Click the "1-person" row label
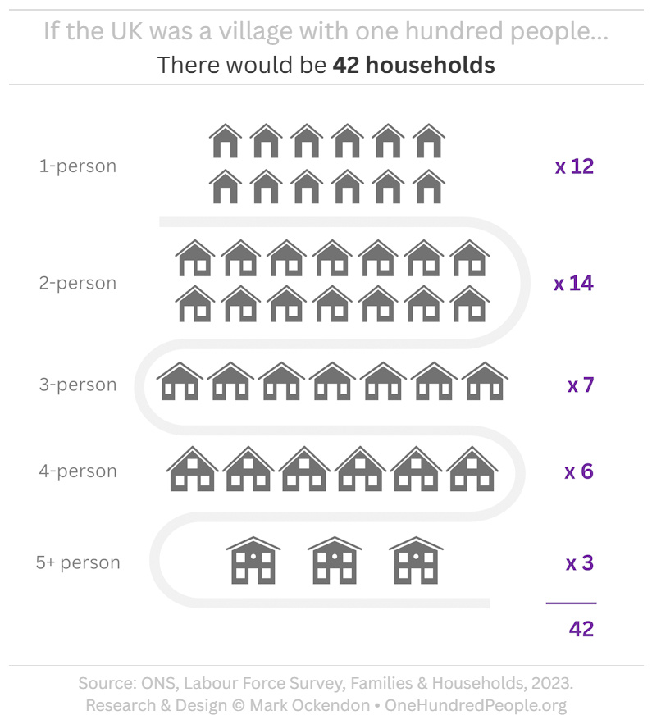pos(78,166)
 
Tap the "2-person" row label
pos(78,284)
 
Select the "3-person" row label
pos(78,385)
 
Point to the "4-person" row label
pos(78,471)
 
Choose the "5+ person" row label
pos(78,563)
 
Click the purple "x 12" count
pos(574,167)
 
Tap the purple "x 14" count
pos(573,285)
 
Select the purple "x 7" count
pos(581,385)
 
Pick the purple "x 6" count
pos(579,472)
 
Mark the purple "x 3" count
pos(580,564)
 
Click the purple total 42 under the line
pos(581,629)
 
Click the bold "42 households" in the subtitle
pos(413,65)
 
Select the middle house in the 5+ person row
pos(335,561)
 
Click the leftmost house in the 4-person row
pos(193,470)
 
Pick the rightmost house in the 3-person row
pos(485,382)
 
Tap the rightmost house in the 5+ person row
pos(416,561)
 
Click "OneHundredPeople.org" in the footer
pos(476,705)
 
